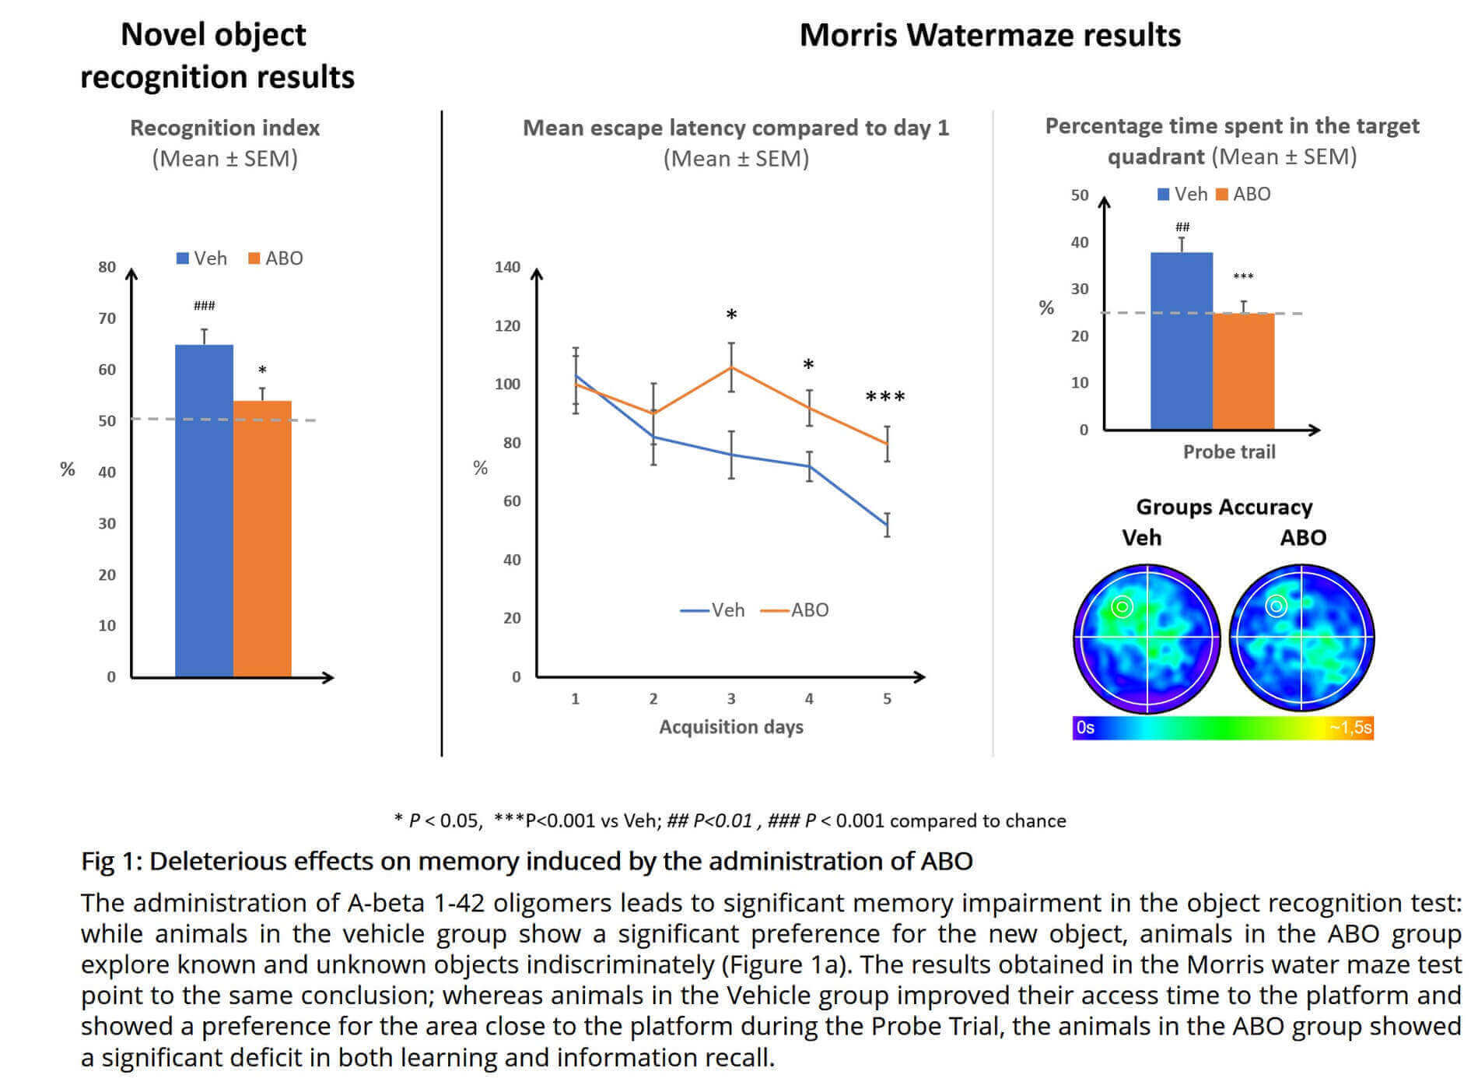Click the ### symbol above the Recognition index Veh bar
click(x=205, y=306)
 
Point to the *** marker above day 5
click(x=885, y=398)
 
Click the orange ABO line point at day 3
click(x=731, y=367)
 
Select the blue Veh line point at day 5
click(x=887, y=525)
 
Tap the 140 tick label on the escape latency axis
click(x=507, y=267)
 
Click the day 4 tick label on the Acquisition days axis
click(x=809, y=699)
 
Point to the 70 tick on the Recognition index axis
click(x=107, y=318)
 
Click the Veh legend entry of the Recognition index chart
click(x=201, y=258)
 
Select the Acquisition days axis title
click(x=731, y=727)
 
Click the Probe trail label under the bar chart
click(x=1229, y=452)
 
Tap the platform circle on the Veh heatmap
click(x=1122, y=606)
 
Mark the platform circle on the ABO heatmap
click(x=1276, y=606)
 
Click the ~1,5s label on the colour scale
click(x=1350, y=728)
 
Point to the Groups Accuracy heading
click(x=1224, y=508)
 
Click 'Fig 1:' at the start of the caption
click(x=112, y=862)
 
